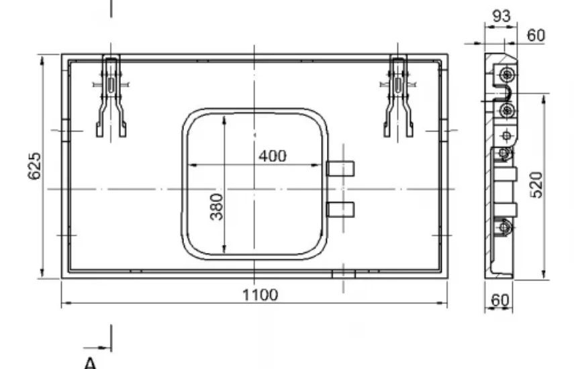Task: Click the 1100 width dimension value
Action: (x=260, y=295)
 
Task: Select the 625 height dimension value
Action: (x=35, y=166)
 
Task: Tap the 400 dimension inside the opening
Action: (x=273, y=156)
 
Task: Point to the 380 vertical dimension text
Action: (x=217, y=207)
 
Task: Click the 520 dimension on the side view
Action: (x=537, y=185)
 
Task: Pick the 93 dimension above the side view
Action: (x=501, y=16)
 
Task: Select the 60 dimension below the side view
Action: (x=499, y=301)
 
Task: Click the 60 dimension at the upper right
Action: (x=536, y=36)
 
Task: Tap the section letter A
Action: (x=90, y=364)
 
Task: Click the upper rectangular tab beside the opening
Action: (x=340, y=168)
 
